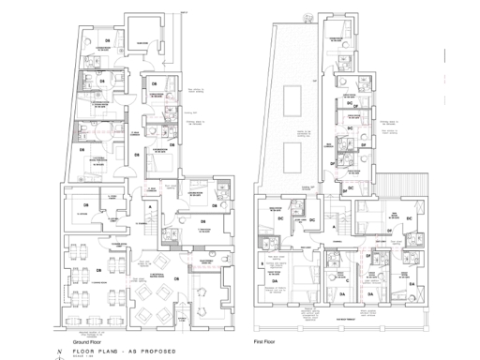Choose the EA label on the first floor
coord(410,280)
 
